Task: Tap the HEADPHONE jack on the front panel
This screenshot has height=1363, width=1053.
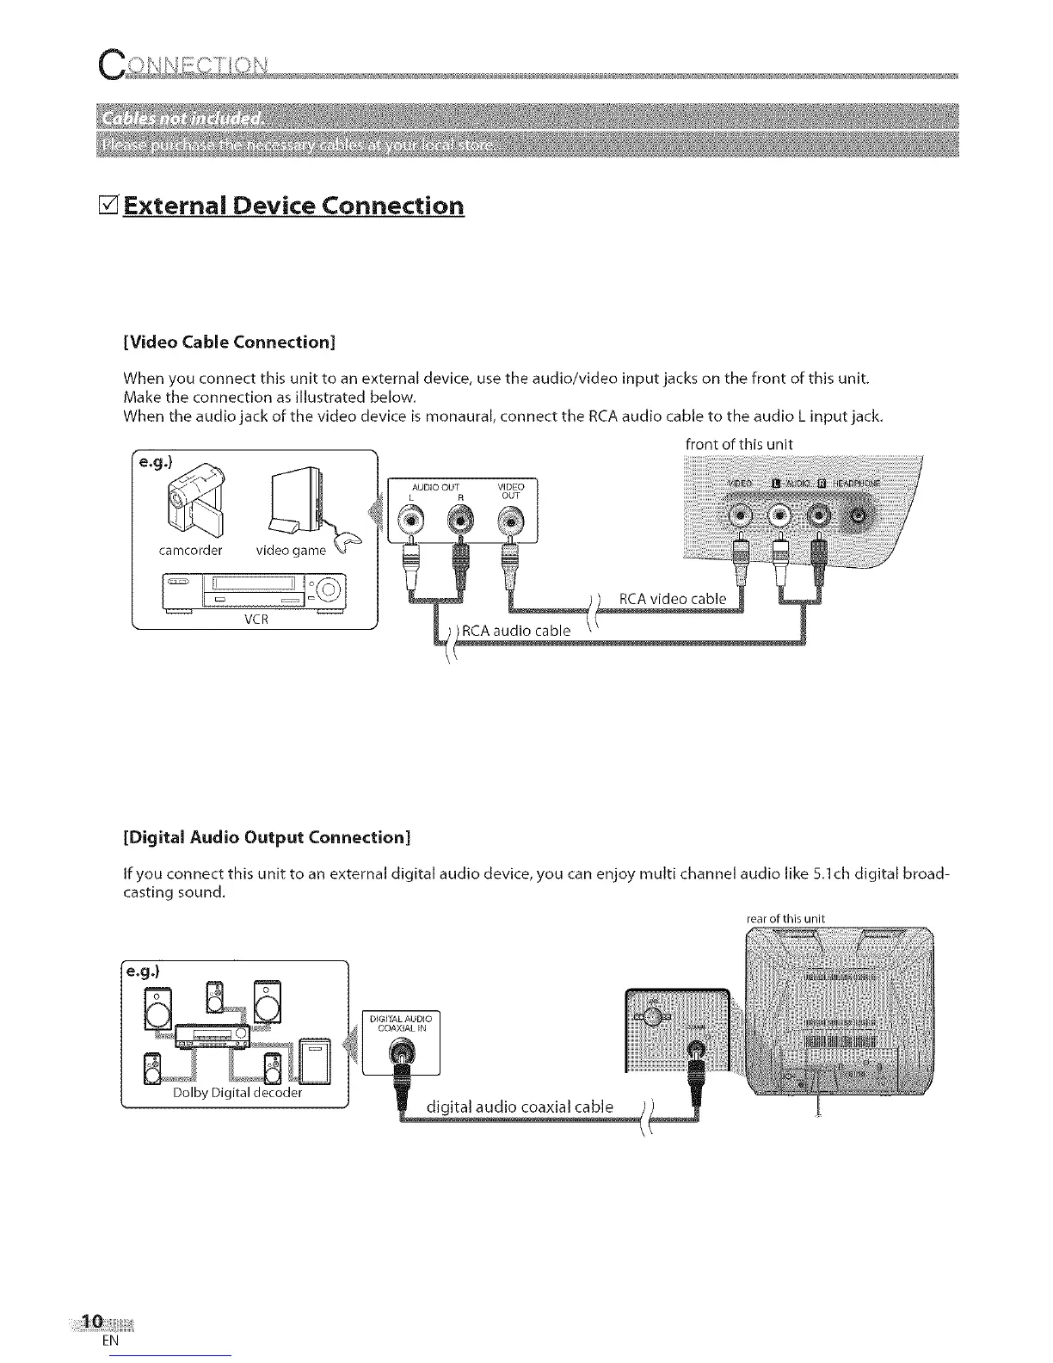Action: tap(860, 517)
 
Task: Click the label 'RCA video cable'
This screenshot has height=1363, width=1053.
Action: tap(673, 599)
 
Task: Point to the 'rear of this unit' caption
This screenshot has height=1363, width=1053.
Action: tap(785, 918)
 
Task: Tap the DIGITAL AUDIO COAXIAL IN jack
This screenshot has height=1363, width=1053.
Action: tap(400, 1052)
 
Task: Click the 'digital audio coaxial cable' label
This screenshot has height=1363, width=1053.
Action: tap(520, 1107)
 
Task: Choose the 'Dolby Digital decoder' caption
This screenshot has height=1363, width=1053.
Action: tap(237, 1093)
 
